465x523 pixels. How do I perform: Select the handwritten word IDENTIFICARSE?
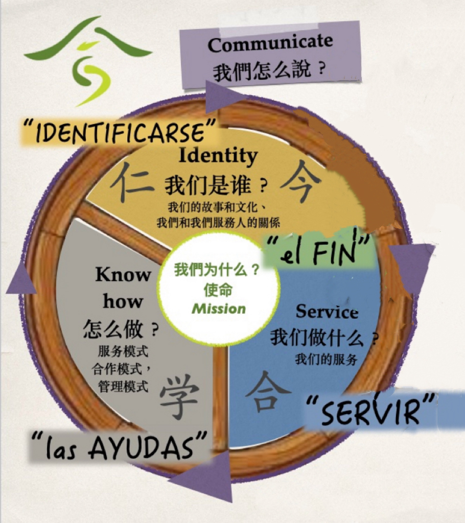[x=119, y=132]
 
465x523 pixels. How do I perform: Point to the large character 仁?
[x=132, y=181]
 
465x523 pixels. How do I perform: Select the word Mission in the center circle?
[x=219, y=309]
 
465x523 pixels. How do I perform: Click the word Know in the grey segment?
[x=123, y=275]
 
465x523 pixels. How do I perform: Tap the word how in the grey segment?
[x=123, y=301]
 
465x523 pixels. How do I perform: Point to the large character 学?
[x=179, y=396]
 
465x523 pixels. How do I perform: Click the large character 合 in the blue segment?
[x=268, y=392]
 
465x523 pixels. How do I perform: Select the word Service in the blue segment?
[x=327, y=312]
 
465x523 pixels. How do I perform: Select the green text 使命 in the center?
[x=218, y=290]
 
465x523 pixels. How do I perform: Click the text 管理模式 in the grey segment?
[x=123, y=387]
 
